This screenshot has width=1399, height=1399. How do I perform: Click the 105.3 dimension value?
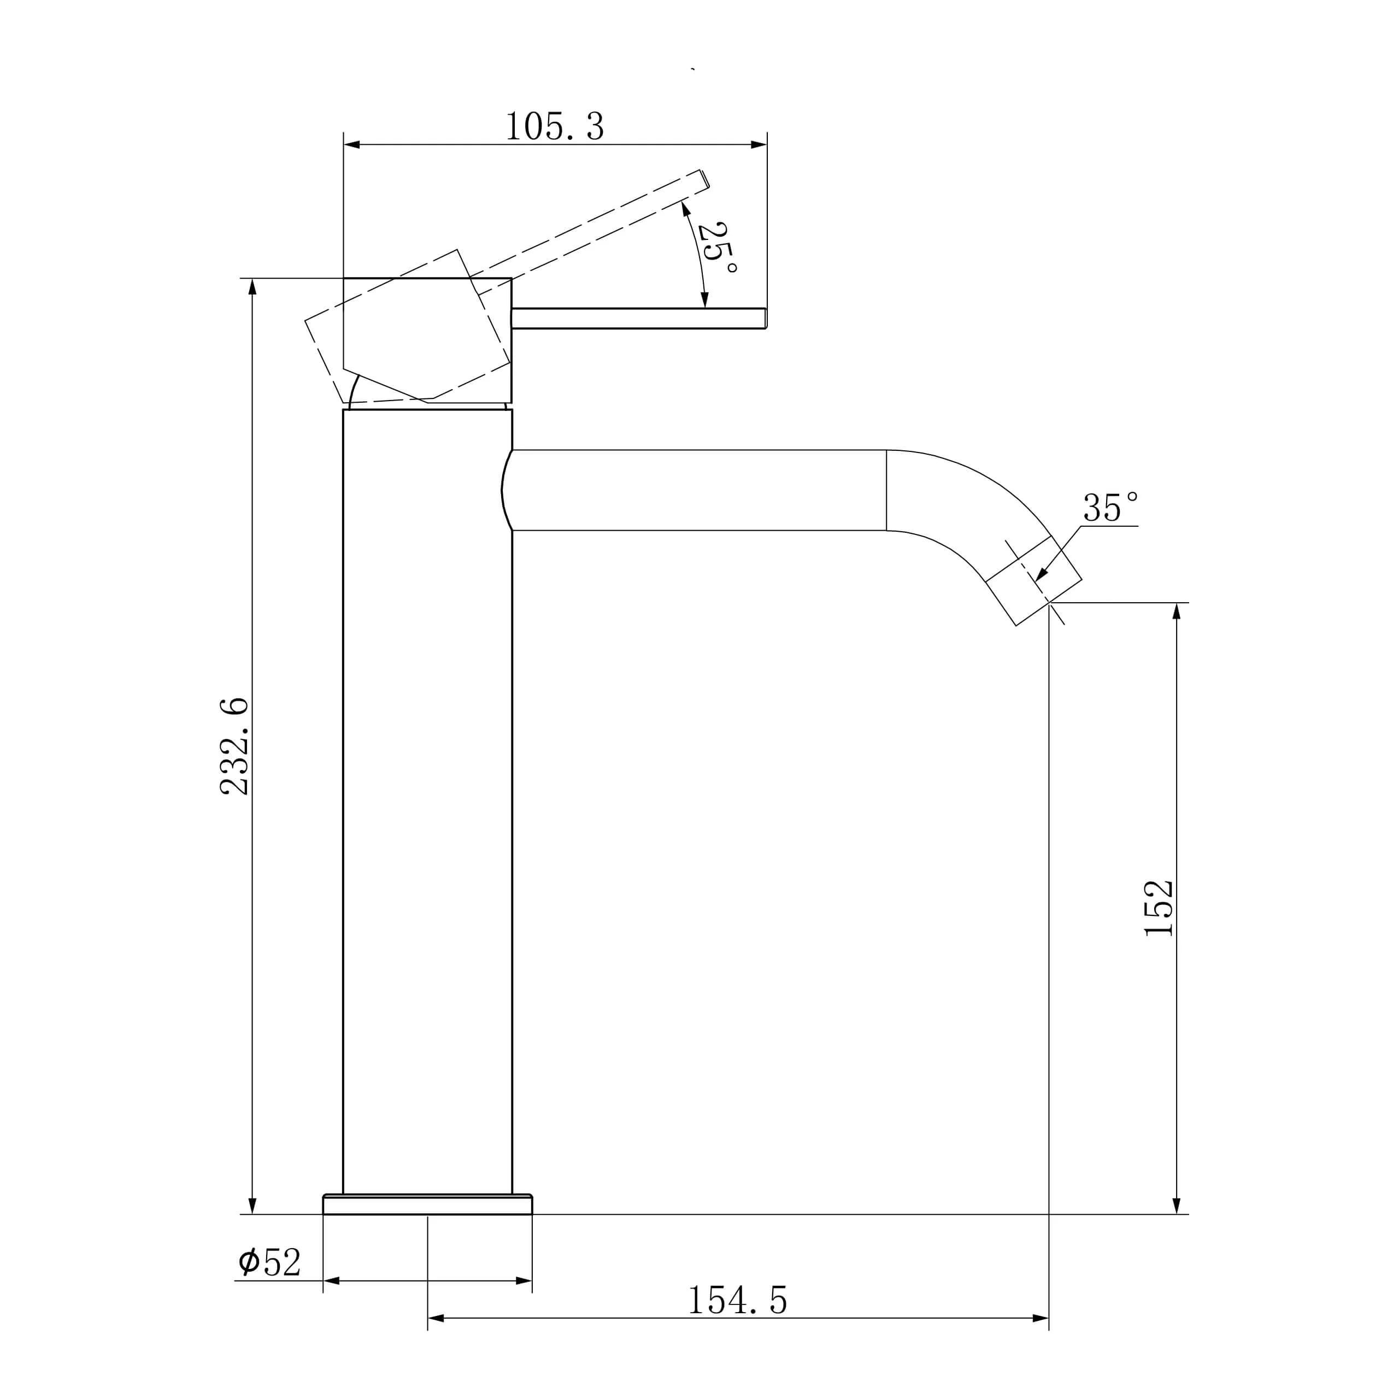(555, 127)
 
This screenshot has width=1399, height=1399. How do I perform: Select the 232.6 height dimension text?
(234, 746)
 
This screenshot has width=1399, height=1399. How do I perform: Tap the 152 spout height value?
(1158, 908)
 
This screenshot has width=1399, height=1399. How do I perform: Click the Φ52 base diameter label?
(269, 1262)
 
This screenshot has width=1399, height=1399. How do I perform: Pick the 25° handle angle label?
(717, 248)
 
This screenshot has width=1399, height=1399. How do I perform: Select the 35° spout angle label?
(1110, 507)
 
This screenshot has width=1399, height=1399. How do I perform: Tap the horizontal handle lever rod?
(639, 318)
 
